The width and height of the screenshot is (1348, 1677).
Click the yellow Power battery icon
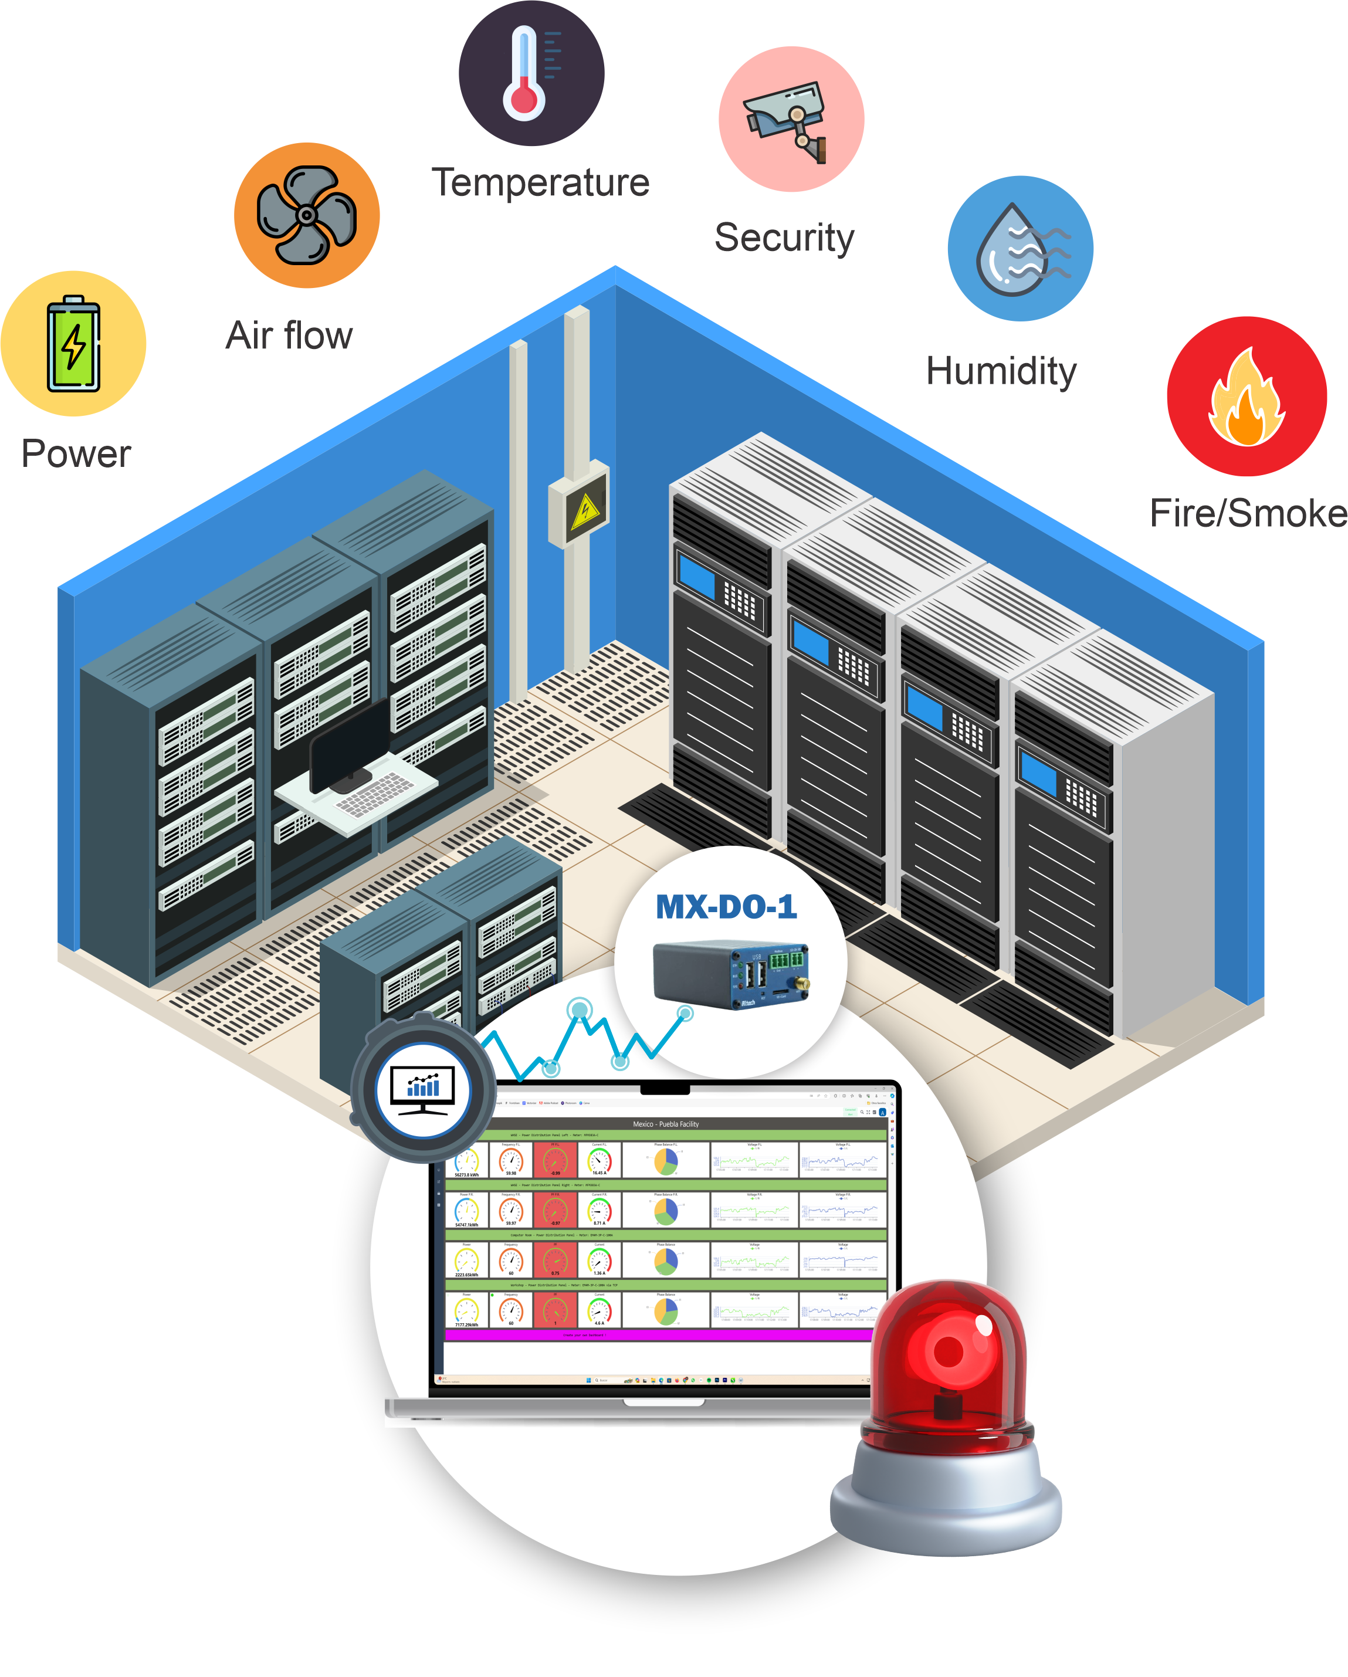[73, 343]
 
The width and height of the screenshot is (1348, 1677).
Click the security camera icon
[790, 119]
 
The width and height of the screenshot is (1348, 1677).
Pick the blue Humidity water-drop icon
[1019, 248]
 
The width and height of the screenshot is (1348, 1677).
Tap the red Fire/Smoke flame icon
[1245, 396]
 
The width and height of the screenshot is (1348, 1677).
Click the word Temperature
[541, 184]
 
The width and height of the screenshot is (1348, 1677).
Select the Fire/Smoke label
[1247, 513]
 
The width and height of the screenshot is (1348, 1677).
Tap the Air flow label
[289, 336]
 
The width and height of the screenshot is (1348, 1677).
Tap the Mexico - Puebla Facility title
[665, 1123]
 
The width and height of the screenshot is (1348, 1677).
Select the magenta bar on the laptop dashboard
[657, 1335]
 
